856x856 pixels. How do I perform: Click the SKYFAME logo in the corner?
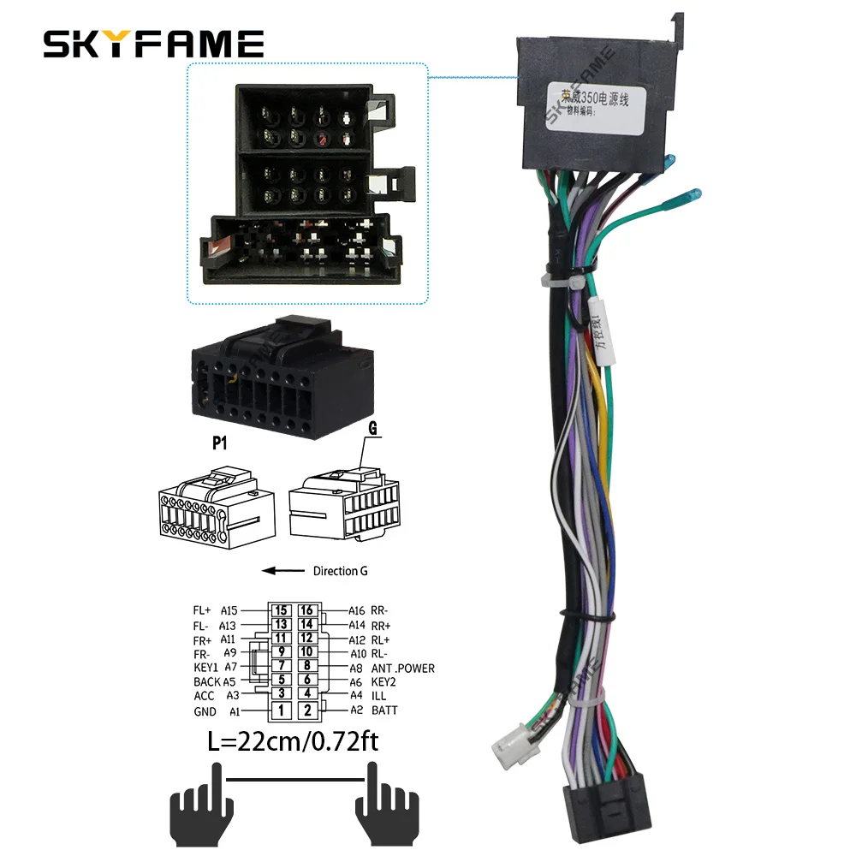tap(154, 43)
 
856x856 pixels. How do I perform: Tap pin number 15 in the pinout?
tap(282, 611)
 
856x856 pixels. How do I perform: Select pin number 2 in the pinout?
tap(309, 710)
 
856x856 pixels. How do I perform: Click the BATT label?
tap(384, 710)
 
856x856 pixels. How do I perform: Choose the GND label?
tap(205, 711)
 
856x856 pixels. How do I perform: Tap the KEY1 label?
tap(206, 667)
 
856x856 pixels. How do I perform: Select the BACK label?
tap(207, 681)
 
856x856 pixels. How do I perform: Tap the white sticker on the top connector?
tap(588, 106)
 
